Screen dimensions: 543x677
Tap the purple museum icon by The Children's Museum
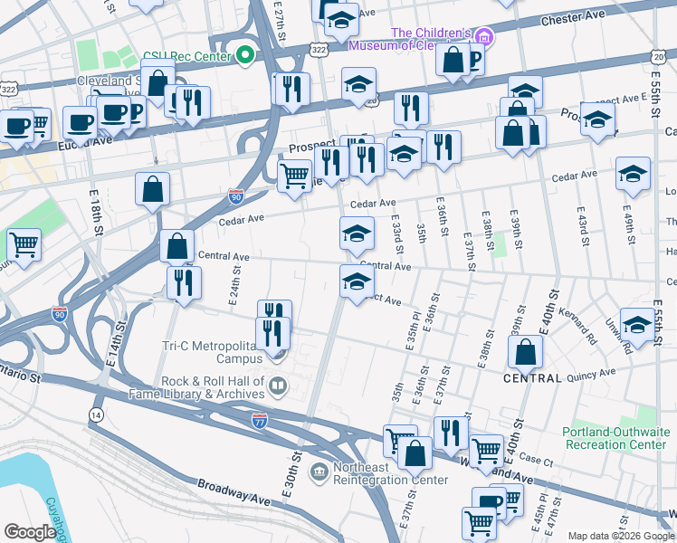point(485,37)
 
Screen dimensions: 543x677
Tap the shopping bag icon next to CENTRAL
point(525,354)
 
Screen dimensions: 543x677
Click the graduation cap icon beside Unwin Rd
point(637,326)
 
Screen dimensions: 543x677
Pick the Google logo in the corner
point(30,532)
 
